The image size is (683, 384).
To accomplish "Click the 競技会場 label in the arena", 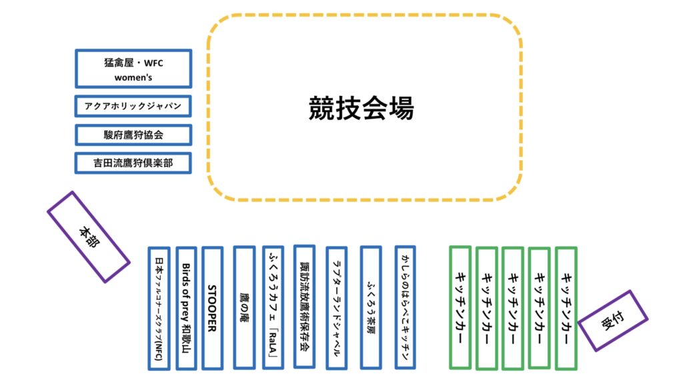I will (x=361, y=107).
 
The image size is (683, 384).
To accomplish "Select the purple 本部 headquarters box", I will (x=88, y=237).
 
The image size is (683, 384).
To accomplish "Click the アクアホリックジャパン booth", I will (x=133, y=107).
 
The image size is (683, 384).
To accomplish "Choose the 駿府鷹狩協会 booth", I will (x=133, y=135).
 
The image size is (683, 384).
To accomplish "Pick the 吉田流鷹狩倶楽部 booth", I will (x=133, y=163).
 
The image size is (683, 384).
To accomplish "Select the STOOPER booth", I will (x=212, y=308).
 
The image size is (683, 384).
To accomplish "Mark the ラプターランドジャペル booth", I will (x=336, y=308).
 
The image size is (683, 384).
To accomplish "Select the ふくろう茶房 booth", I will (x=370, y=308).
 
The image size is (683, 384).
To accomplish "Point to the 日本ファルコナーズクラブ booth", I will (x=159, y=308).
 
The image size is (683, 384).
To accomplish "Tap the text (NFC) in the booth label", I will (x=159, y=349).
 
